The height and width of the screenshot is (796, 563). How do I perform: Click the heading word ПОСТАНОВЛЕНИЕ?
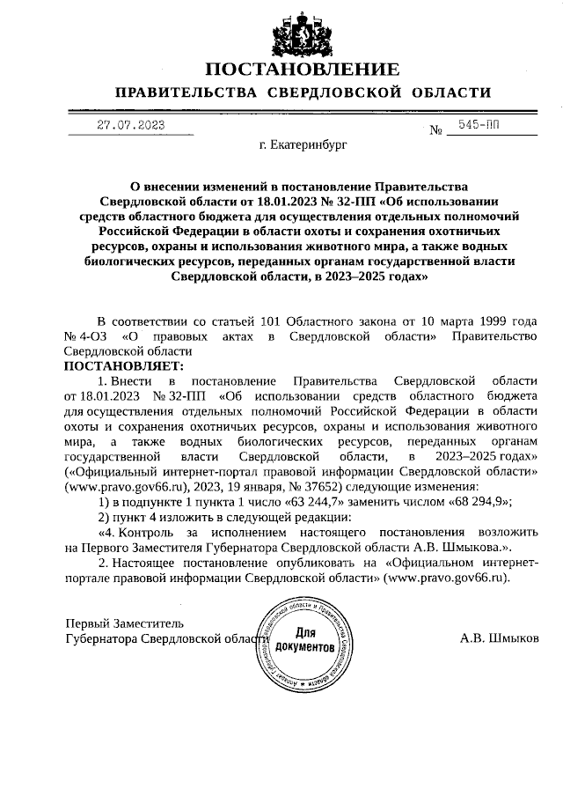[x=303, y=70]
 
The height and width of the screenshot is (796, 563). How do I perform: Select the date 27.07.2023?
[x=130, y=126]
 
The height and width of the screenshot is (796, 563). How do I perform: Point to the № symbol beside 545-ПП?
[x=435, y=131]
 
